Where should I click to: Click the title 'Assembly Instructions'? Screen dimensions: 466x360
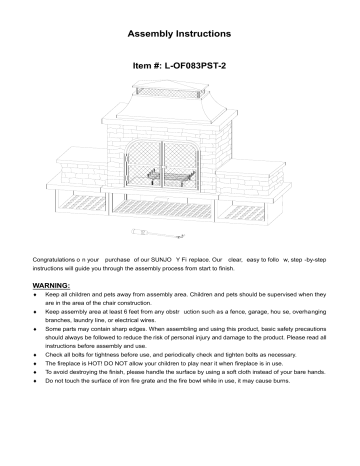tap(180, 33)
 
